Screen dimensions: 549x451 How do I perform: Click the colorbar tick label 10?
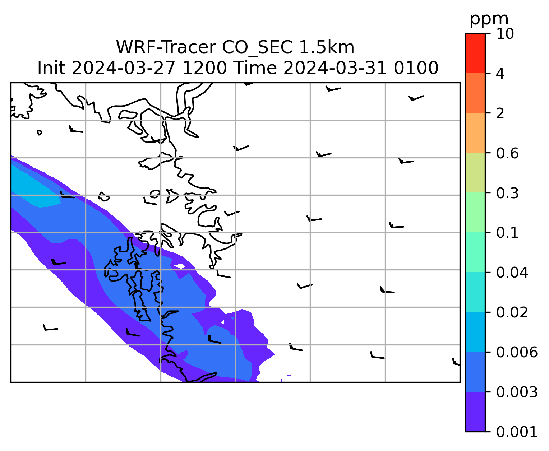tap(505, 34)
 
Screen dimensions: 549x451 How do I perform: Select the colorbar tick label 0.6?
tap(507, 153)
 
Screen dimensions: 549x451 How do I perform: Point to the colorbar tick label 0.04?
tap(512, 273)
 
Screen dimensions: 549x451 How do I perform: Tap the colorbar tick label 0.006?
tap(516, 352)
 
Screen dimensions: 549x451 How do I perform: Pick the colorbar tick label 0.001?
tap(516, 432)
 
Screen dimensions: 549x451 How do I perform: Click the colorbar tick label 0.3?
tap(507, 193)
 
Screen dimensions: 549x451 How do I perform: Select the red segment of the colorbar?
tap(475, 53)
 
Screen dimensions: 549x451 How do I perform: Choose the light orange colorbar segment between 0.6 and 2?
tap(475, 132)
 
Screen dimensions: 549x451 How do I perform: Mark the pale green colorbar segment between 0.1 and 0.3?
tap(475, 212)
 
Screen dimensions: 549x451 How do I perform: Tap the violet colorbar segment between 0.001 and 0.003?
tap(475, 412)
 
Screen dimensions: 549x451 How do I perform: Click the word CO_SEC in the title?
tap(257, 48)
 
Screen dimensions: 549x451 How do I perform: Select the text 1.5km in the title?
tap(327, 47)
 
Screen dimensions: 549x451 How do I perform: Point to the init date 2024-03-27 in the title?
tap(123, 68)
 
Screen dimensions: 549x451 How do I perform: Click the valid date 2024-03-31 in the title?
tap(335, 68)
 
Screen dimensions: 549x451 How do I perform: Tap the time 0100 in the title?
tap(416, 68)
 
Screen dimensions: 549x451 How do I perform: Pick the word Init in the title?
tap(51, 68)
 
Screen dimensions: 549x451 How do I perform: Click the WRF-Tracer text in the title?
tap(166, 47)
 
